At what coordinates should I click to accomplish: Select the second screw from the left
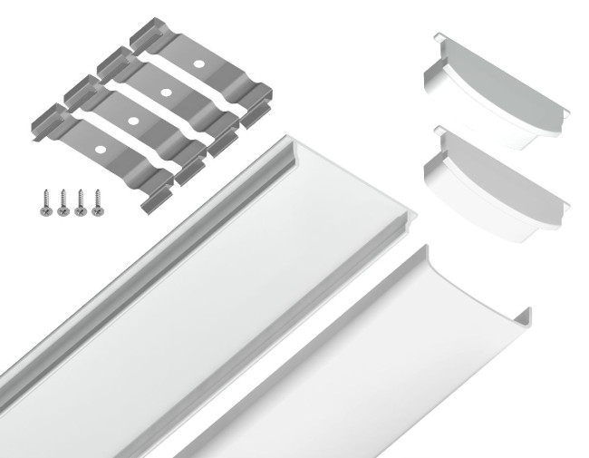(63, 201)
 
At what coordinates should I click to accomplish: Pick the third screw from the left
(80, 201)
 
